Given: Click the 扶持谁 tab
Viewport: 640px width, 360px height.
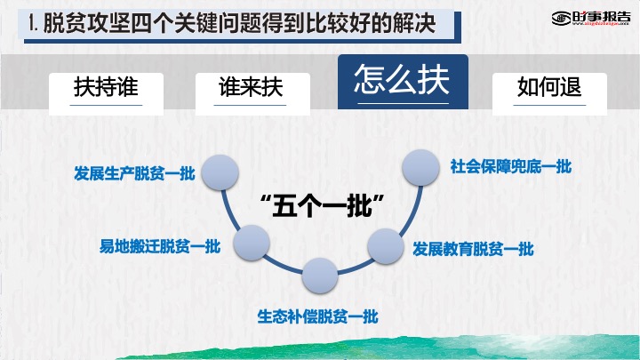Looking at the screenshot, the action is point(106,93).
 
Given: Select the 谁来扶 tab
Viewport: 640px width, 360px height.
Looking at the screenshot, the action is point(252,93).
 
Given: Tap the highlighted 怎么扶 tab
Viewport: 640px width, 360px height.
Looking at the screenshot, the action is point(403,82).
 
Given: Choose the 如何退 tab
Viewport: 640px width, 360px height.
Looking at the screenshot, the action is point(549,93).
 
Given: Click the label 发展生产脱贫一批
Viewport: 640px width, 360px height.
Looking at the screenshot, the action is point(135,173).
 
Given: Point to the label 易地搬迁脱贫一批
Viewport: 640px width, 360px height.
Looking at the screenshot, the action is point(160,246).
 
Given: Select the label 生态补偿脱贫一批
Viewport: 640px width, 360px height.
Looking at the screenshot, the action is point(317,316).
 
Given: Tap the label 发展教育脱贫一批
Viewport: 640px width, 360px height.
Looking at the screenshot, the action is point(473,249).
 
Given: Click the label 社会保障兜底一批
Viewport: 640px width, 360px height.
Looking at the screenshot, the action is point(511,166).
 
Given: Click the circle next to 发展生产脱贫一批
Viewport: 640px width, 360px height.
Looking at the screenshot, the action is point(220,172).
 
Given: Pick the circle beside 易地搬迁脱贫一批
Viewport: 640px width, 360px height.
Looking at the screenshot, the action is point(252,243).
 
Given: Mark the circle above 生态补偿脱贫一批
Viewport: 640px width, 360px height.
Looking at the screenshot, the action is point(320,276).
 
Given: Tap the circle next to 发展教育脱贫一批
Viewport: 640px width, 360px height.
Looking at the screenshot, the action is point(386,246).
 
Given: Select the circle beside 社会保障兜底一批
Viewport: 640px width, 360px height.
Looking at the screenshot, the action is point(420,167).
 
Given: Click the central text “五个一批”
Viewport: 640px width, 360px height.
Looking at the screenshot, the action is point(323,205).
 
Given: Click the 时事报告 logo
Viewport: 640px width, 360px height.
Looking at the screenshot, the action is point(591,18).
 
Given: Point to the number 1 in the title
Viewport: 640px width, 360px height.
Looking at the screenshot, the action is point(32,23).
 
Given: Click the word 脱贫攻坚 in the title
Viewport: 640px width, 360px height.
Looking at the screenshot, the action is point(86,23).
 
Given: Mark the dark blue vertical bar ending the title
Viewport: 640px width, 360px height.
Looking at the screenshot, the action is point(458,27).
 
